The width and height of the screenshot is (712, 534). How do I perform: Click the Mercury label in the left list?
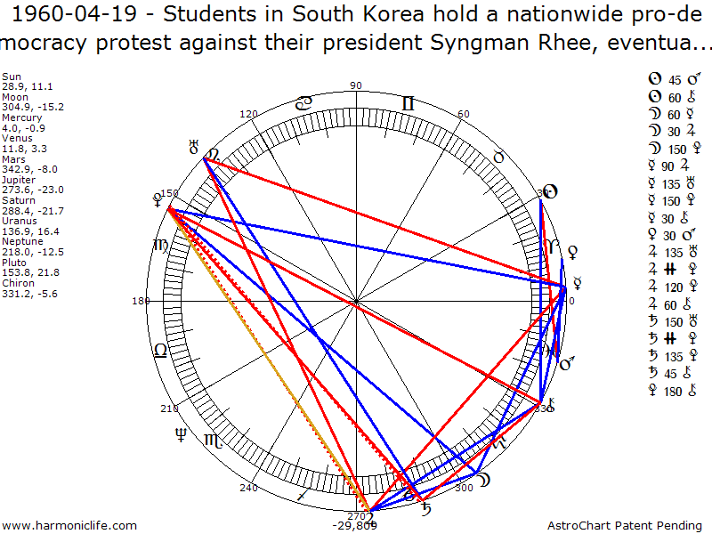(18, 117)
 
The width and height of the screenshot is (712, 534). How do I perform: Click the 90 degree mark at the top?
(357, 86)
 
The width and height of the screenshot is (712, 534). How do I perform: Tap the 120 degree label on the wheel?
(248, 115)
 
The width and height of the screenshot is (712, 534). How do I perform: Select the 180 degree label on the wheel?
(140, 301)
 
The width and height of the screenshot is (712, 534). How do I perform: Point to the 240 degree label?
(248, 488)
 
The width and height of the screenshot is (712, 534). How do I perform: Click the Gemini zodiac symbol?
(408, 103)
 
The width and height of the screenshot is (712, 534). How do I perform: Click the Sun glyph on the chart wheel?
(549, 191)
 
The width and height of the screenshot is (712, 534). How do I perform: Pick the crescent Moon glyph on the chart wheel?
(485, 481)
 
